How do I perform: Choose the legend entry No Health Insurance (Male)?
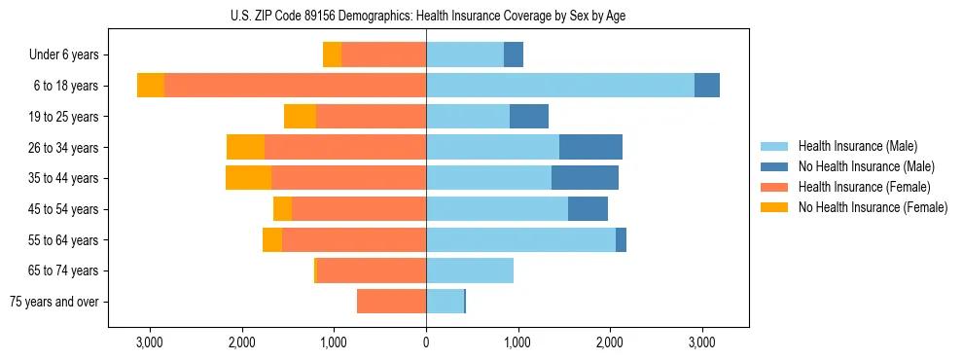point(866,166)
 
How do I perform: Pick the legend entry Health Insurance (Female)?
point(864,187)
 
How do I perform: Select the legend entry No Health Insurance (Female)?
point(873,207)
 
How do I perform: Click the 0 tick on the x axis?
point(426,342)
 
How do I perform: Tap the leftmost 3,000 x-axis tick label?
point(150,342)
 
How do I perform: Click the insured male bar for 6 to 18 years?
point(559,86)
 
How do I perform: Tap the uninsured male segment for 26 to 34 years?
point(590,147)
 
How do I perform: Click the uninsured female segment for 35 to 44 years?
point(248,178)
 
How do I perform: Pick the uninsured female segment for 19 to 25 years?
point(300,117)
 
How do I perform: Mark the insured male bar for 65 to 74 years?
point(470,270)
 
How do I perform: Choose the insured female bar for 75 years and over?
point(391,302)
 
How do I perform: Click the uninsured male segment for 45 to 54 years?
point(588,208)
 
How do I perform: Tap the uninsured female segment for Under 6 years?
point(332,55)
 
